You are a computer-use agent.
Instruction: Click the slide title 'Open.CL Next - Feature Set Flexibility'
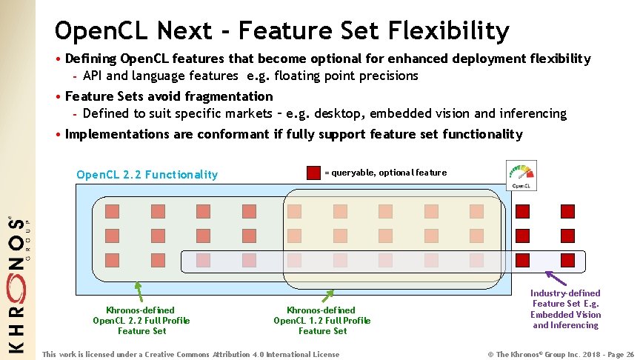tap(281, 31)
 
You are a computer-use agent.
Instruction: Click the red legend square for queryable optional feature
tap(313, 173)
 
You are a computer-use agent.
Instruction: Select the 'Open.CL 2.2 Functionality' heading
tap(147, 175)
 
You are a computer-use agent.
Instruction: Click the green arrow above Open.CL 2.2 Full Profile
tap(138, 289)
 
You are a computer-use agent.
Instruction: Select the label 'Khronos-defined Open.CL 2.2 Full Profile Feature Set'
tap(141, 321)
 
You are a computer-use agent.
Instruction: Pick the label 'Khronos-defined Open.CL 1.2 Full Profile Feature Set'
tap(322, 321)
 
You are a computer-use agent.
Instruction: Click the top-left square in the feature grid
tap(112, 211)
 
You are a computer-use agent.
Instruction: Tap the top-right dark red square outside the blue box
tap(567, 211)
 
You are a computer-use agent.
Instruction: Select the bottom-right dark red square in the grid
tap(567, 260)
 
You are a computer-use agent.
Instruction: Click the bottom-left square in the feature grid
tap(112, 260)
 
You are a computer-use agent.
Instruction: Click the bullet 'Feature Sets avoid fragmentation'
tap(169, 96)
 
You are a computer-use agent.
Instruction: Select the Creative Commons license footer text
tap(191, 354)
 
